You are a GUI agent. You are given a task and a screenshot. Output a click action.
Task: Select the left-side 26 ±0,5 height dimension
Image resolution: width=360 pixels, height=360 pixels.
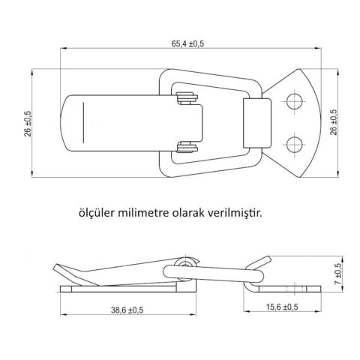[x=28, y=124]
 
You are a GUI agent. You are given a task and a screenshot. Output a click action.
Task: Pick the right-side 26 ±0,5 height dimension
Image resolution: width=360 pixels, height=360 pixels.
[x=333, y=124]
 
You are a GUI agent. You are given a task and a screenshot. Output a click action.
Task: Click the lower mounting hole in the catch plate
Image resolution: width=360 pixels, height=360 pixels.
[x=295, y=143]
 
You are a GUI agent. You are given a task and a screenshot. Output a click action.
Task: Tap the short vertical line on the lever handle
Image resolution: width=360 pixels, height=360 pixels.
[x=85, y=121]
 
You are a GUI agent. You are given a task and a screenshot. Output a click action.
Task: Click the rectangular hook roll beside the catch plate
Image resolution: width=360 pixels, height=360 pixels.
[x=257, y=122]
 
